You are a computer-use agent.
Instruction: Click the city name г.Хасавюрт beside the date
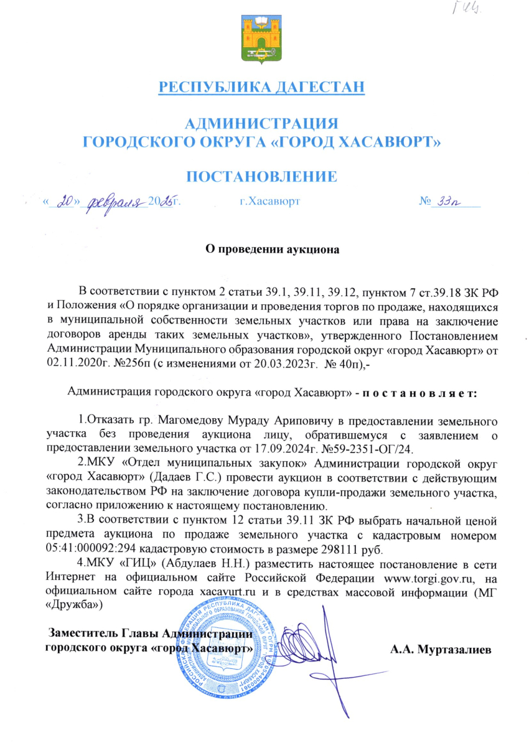click(x=269, y=202)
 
